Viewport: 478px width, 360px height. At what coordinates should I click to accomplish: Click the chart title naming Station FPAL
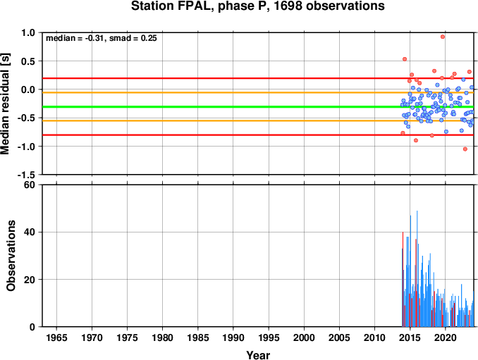click(x=257, y=6)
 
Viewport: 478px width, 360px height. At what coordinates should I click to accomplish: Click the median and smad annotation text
click(x=102, y=38)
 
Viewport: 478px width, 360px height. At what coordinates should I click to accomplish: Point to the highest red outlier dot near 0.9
click(x=443, y=37)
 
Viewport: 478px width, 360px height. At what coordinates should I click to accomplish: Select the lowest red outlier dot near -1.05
click(x=465, y=149)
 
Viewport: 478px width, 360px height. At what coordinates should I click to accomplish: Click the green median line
click(x=258, y=106)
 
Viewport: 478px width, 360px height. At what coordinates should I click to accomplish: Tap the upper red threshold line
click(x=258, y=78)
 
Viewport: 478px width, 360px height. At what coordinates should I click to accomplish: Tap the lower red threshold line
click(x=258, y=135)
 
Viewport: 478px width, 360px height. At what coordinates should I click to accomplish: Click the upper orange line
click(x=258, y=92)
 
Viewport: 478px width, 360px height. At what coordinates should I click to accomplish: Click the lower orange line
click(x=258, y=120)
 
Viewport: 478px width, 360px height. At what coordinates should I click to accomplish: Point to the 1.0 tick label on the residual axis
click(x=28, y=32)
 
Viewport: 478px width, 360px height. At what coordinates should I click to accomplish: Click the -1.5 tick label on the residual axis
click(x=26, y=175)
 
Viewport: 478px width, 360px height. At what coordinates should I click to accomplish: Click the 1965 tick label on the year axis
click(x=56, y=337)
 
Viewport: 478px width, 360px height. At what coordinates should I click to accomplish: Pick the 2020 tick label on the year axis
click(x=446, y=337)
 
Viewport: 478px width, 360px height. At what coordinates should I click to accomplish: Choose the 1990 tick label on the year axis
click(x=233, y=337)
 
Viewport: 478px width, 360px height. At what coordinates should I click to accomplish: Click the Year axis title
click(x=258, y=355)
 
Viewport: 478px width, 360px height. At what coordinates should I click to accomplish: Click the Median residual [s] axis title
click(x=5, y=104)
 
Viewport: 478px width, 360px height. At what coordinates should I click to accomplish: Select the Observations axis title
click(x=11, y=256)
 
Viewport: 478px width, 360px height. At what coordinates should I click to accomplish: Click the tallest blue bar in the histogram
click(x=417, y=268)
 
